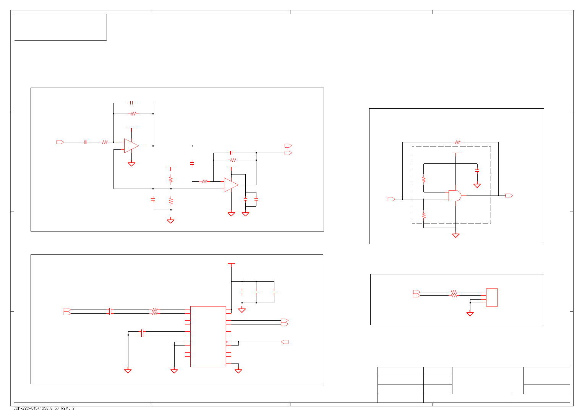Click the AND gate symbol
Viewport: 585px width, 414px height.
click(x=454, y=196)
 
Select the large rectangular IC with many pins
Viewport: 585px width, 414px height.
click(x=208, y=336)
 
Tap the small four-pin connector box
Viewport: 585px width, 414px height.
click(x=492, y=297)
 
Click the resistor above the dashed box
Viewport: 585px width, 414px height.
click(x=457, y=142)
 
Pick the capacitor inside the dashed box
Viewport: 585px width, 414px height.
click(x=477, y=171)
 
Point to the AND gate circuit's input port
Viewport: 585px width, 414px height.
click(x=391, y=199)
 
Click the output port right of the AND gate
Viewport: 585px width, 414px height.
click(x=509, y=196)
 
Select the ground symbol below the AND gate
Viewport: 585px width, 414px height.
click(x=455, y=235)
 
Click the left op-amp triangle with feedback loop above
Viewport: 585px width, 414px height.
click(x=131, y=146)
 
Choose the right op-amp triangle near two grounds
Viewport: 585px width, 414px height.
click(x=231, y=185)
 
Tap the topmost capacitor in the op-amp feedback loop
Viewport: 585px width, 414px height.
click(x=131, y=103)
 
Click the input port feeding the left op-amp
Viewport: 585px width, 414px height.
click(x=60, y=142)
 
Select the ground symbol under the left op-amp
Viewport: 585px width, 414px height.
click(x=131, y=164)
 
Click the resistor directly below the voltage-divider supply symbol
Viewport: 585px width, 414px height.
click(x=171, y=179)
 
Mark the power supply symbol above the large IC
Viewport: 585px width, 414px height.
click(x=231, y=264)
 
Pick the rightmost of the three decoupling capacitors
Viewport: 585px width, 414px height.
click(x=274, y=292)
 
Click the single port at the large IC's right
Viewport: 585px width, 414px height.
click(x=285, y=342)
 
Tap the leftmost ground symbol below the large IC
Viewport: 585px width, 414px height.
click(x=128, y=371)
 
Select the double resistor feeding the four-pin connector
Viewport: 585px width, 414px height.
click(x=454, y=294)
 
